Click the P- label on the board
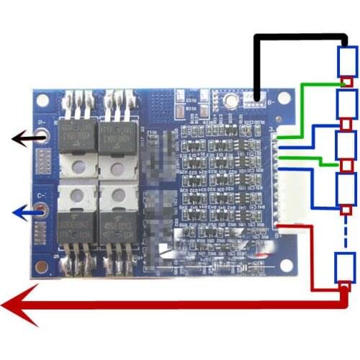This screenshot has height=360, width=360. (42, 122)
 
